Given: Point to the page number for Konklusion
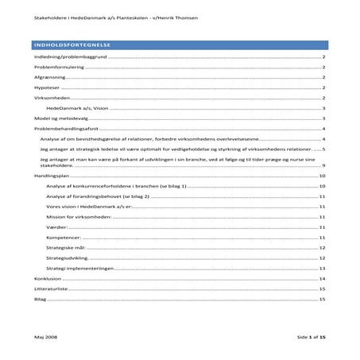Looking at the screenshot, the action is click(x=322, y=279).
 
